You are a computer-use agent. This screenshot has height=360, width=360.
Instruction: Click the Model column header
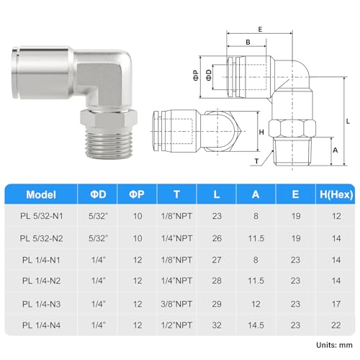[41, 194]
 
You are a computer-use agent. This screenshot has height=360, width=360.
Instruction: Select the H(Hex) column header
[336, 194]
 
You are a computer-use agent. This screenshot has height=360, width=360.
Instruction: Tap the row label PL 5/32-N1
[41, 216]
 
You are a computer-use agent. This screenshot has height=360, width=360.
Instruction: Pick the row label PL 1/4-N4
[41, 325]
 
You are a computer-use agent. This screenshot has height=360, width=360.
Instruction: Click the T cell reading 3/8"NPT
[176, 304]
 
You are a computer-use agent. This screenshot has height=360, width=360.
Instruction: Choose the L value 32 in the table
[217, 325]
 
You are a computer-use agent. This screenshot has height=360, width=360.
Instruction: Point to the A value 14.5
[256, 325]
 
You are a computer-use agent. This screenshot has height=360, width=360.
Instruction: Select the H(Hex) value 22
[336, 325]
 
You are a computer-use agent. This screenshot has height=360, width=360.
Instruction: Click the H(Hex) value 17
[336, 304]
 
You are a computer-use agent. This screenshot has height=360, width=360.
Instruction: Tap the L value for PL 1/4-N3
[217, 304]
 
